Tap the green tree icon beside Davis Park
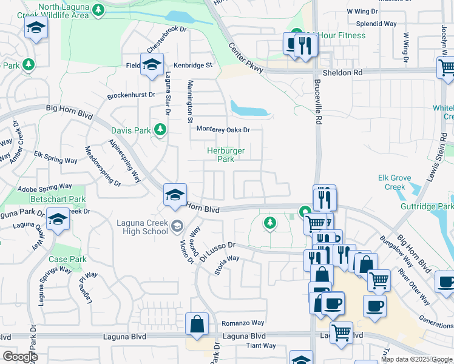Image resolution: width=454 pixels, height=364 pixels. (160, 129)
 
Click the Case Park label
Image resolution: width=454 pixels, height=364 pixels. (68, 259)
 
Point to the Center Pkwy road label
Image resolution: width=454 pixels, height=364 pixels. (246, 58)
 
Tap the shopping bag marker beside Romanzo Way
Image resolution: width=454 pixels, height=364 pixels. (197, 324)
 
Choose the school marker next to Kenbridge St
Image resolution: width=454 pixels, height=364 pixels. (151, 64)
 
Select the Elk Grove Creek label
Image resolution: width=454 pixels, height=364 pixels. (395, 183)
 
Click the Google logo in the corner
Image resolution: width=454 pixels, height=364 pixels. (20, 356)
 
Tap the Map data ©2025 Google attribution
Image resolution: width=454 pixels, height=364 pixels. (416, 359)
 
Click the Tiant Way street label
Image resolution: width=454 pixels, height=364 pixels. (260, 346)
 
